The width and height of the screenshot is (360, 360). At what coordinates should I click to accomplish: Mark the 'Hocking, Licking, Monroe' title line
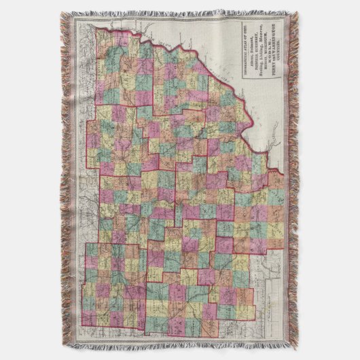(268, 50)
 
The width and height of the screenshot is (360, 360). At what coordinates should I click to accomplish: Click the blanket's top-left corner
(62, 14)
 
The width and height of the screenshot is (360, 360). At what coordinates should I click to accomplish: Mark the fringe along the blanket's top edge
(180, 13)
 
